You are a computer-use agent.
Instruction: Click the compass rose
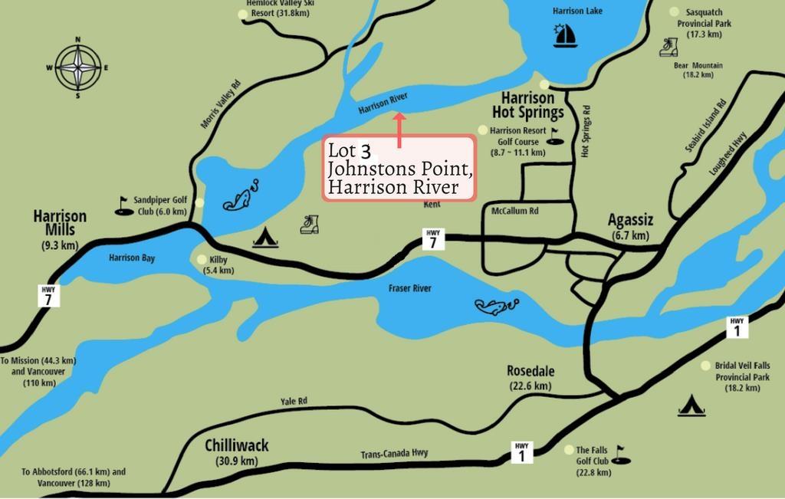pyautogui.click(x=77, y=67)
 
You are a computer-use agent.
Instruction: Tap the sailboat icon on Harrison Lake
pyautogui.click(x=565, y=35)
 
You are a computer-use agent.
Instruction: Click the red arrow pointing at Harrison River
pyautogui.click(x=399, y=130)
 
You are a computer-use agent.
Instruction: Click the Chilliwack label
pyautogui.click(x=237, y=451)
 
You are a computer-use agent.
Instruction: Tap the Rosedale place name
pyautogui.click(x=530, y=376)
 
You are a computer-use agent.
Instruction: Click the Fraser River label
pyautogui.click(x=409, y=288)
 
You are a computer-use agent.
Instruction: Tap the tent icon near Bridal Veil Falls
pyautogui.click(x=691, y=405)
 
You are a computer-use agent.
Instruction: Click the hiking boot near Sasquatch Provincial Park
pyautogui.click(x=668, y=48)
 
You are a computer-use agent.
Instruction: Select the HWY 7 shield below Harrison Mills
pyautogui.click(x=48, y=295)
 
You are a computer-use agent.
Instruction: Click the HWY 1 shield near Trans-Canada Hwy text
pyautogui.click(x=521, y=451)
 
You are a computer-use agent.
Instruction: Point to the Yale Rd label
pyautogui.click(x=294, y=401)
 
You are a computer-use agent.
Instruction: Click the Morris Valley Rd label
pyautogui.click(x=221, y=103)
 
